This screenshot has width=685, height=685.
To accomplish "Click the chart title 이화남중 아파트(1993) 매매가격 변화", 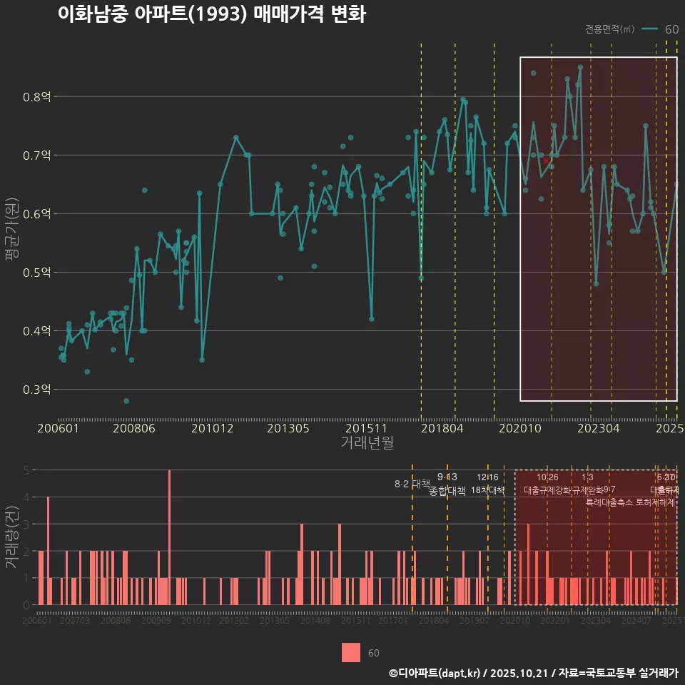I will pos(211,15).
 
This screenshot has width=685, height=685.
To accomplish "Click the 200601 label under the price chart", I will pos(59,429).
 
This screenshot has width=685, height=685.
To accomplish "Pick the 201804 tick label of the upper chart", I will pos(442,429).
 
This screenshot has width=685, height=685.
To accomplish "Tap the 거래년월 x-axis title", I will pos(367,443).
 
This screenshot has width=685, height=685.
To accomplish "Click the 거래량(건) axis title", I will pos(11,537).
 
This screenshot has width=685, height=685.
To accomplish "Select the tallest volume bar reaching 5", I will pos(169,537).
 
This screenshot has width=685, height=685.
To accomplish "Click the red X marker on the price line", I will pos(547,161).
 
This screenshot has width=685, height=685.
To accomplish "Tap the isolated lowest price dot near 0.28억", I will pos(126,401).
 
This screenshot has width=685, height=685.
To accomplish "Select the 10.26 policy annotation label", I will pos(547,477).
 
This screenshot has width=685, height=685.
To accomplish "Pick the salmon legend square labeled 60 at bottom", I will pos(351,652).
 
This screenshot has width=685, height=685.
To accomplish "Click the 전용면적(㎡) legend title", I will pos(609,29).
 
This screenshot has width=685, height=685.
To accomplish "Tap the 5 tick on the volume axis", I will pos(26,470).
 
